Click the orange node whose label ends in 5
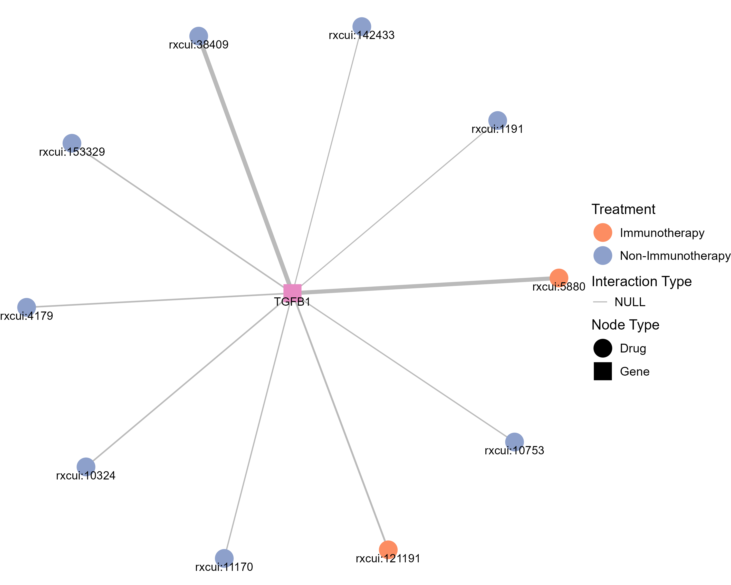point(559,278)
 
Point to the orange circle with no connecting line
point(603,232)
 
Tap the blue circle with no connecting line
point(603,255)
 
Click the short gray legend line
point(600,302)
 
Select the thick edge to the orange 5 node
point(424,285)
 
